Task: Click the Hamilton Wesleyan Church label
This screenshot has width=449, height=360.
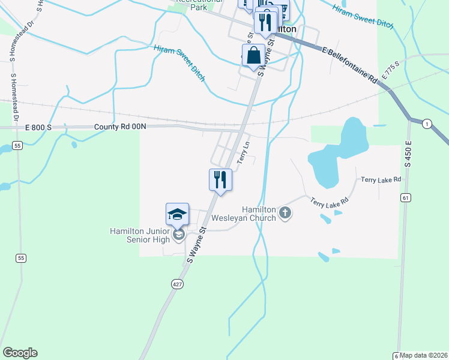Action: point(259,214)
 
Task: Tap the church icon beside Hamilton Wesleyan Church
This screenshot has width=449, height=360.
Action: point(285,212)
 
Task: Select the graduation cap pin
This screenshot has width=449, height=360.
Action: point(178,214)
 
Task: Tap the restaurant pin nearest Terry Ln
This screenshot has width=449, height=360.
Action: point(220,179)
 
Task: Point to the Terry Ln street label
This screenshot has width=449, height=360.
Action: point(243,153)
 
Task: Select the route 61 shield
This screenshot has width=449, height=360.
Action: point(406,197)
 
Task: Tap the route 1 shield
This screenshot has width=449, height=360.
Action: point(427,124)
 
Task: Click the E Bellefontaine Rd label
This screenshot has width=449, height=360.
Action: point(351,67)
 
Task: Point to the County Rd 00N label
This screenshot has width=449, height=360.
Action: point(120,127)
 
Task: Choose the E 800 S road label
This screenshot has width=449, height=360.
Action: point(39,127)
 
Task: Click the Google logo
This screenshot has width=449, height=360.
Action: point(20,353)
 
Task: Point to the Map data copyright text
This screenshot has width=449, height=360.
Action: point(424,355)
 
